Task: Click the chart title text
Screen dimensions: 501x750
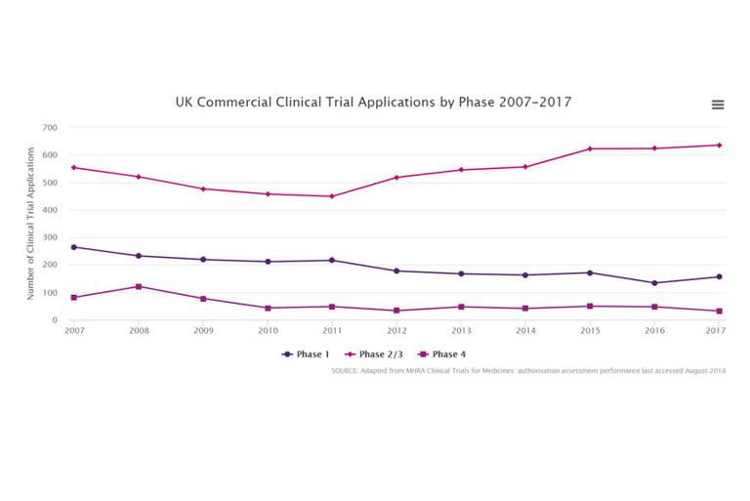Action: [373, 102]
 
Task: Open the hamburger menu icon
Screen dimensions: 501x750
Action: [718, 104]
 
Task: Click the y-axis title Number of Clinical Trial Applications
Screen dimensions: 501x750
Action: [30, 224]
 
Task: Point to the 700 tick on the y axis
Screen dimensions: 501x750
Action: [50, 128]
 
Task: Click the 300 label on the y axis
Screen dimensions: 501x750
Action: [50, 238]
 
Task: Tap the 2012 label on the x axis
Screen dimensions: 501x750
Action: [396, 331]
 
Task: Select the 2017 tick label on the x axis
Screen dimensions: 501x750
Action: [716, 331]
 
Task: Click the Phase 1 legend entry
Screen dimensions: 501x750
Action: [307, 355]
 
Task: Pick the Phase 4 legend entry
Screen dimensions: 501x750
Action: [446, 355]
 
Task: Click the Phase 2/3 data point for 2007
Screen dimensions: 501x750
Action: [73, 167]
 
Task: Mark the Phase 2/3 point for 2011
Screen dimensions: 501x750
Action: [331, 196]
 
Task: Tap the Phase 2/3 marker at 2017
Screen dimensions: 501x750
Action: [719, 146]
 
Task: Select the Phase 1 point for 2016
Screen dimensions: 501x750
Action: [654, 283]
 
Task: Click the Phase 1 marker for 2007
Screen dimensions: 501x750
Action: [73, 247]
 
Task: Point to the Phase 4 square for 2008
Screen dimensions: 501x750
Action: [138, 286]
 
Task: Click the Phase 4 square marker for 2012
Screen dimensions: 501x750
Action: [396, 311]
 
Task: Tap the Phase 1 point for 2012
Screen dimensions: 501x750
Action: [396, 271]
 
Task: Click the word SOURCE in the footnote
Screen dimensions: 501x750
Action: [347, 371]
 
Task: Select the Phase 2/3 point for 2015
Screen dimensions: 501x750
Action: [590, 148]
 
